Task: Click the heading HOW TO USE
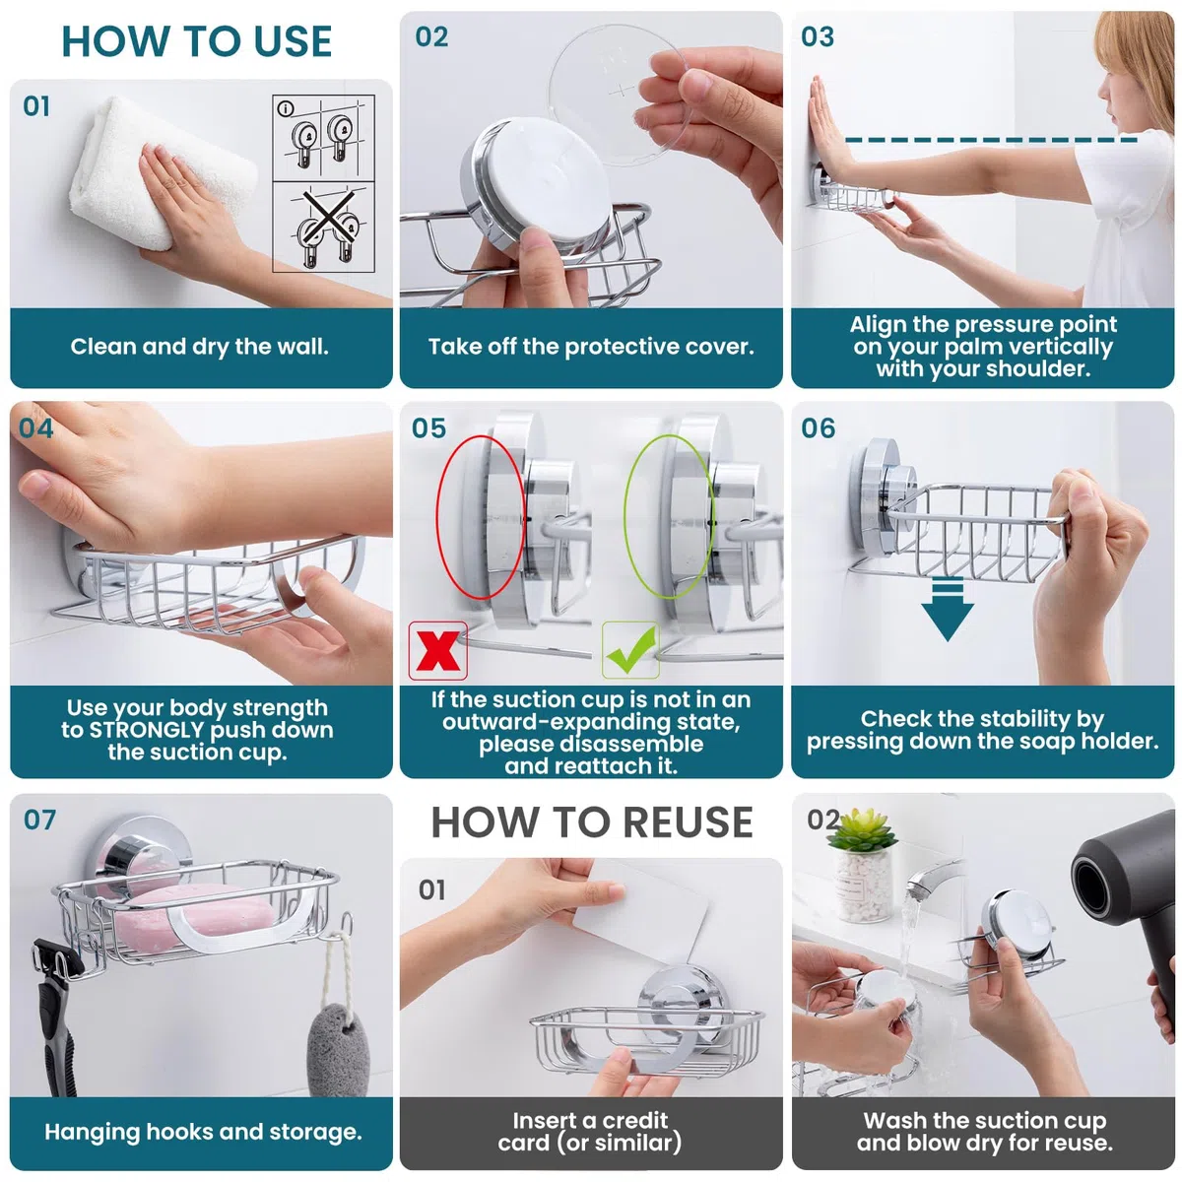tap(196, 41)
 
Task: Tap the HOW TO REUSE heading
tap(592, 821)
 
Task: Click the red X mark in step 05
tap(438, 649)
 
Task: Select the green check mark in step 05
tap(631, 648)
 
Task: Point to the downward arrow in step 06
tap(947, 610)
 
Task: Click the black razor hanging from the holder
tap(56, 1017)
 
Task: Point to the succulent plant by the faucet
tap(862, 830)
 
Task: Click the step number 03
tap(818, 36)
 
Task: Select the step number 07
tap(39, 820)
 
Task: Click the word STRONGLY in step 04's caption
tap(147, 730)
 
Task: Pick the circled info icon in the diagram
tap(286, 109)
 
